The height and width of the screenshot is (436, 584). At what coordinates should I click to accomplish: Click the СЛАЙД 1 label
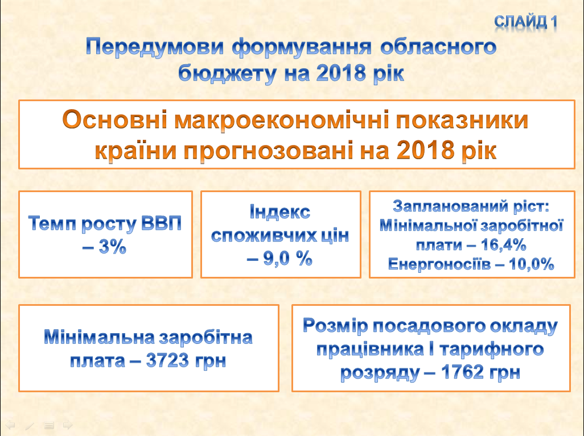[525, 22]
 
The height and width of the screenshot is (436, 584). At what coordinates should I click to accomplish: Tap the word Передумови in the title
[155, 48]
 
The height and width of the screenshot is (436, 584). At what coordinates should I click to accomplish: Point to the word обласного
[438, 47]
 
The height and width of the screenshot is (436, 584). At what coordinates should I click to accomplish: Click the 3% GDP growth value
[113, 246]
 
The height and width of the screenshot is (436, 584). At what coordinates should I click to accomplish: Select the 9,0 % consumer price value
[287, 258]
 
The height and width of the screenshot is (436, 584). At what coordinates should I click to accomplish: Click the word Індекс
[279, 211]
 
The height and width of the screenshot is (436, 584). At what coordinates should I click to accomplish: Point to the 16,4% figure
[503, 244]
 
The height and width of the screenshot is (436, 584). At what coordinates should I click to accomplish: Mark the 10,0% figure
[532, 264]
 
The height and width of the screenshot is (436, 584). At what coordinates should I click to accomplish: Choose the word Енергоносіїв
[439, 264]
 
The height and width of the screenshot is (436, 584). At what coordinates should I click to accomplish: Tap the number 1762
[463, 372]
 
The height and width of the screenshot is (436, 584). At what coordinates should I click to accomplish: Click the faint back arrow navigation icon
[10, 425]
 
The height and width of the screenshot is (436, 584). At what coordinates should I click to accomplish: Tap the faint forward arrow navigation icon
[68, 425]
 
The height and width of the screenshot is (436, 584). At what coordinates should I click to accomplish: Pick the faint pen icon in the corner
[30, 425]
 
